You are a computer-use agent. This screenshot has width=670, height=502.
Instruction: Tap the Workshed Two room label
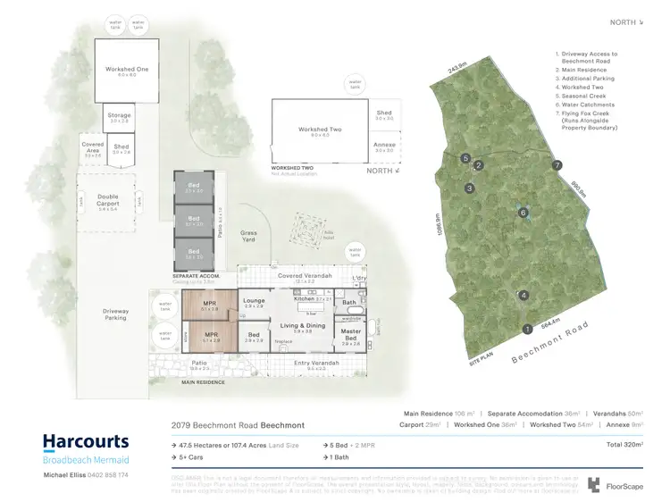click(319, 131)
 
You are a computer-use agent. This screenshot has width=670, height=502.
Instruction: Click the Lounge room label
click(255, 302)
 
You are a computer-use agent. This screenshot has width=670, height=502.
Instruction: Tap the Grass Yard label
click(249, 236)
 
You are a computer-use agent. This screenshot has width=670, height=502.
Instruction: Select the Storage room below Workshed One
click(120, 117)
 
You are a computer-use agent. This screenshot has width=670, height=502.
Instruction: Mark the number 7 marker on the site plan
click(557, 165)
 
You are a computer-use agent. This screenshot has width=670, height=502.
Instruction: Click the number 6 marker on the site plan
click(523, 212)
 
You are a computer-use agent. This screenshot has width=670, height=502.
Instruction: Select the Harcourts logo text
click(86, 441)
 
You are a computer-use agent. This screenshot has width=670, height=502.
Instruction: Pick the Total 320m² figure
click(624, 443)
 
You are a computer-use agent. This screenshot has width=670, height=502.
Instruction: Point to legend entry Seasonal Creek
click(583, 96)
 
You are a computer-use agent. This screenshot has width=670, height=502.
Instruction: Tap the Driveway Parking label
click(116, 314)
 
